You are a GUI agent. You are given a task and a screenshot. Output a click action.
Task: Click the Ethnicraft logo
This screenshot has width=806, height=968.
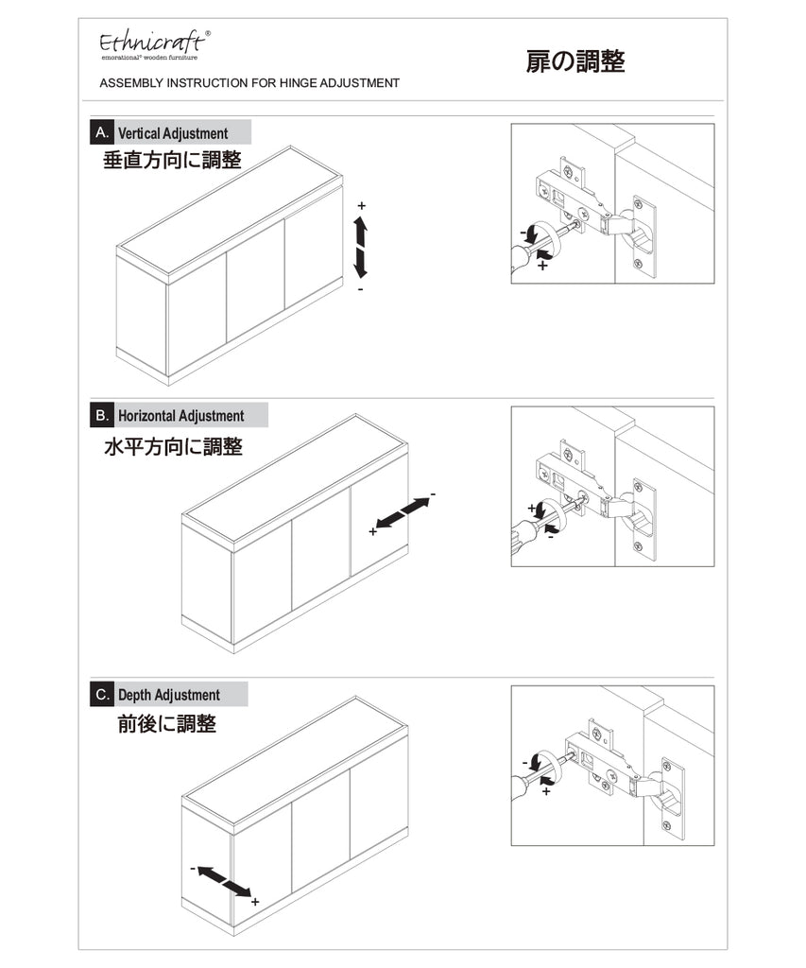coord(154,45)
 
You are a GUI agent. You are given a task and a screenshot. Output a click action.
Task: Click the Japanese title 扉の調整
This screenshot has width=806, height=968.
coord(575,61)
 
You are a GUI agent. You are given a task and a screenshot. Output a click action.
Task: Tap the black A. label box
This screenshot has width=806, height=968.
coord(102,132)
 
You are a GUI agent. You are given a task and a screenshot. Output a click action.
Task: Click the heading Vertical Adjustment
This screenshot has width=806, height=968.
coord(173,133)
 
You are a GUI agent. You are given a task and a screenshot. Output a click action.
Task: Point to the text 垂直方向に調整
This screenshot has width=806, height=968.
coord(172,160)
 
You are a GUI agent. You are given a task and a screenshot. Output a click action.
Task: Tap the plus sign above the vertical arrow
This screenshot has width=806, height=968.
coord(362,205)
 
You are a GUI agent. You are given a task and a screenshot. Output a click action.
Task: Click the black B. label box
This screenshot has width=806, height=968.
coord(102,415)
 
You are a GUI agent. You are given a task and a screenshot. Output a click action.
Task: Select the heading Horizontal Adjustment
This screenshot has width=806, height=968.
coord(180,416)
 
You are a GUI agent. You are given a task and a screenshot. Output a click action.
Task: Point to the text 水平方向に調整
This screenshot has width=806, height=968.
coord(174,446)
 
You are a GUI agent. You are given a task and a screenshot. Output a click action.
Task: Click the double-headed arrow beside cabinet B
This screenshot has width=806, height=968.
coord(403,513)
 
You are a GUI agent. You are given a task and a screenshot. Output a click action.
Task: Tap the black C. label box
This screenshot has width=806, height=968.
coord(102,695)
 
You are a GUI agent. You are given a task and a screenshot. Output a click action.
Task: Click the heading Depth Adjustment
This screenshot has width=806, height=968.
coord(168,695)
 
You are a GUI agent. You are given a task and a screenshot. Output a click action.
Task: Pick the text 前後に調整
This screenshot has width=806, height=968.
coord(166,723)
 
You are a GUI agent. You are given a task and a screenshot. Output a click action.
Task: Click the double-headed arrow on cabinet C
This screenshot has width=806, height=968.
coord(224,882)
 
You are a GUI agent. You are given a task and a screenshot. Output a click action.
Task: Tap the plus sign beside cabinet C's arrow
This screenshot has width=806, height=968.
coord(255,902)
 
